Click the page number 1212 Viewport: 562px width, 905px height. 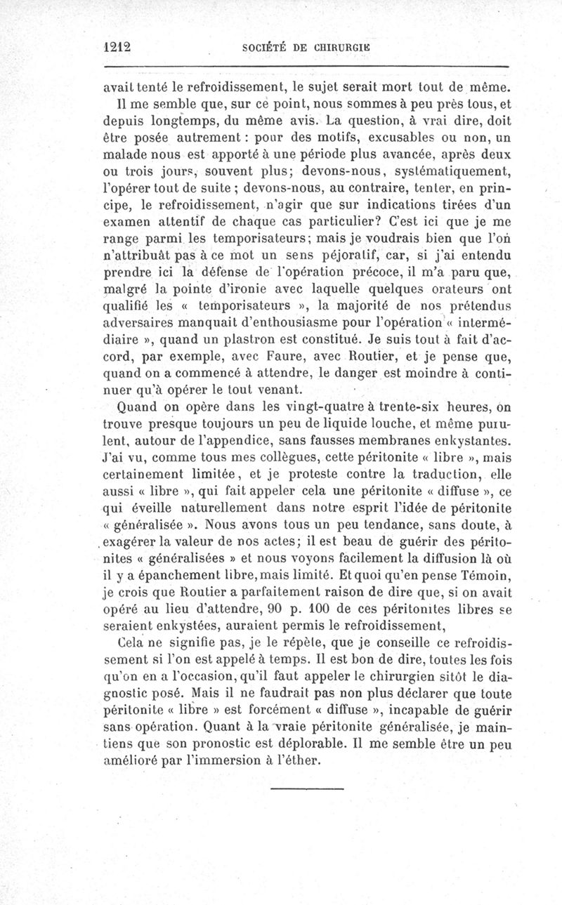(117, 46)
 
